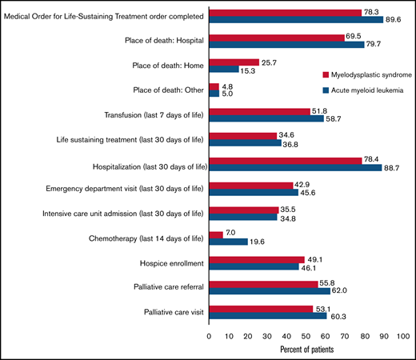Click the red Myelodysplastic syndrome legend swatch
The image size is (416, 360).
click(315, 74)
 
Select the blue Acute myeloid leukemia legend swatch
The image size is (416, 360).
click(315, 90)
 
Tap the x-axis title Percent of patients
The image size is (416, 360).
click(306, 350)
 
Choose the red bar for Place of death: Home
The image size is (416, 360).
click(234, 62)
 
